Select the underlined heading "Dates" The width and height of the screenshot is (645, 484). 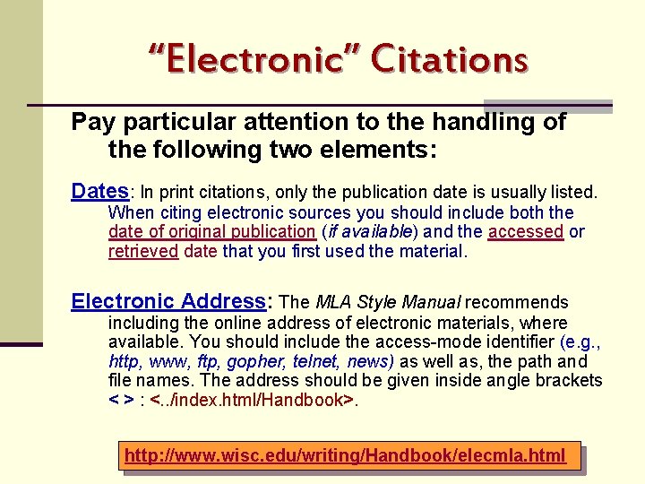(100, 191)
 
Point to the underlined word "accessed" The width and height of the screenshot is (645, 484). (526, 231)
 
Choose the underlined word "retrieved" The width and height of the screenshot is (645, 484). (143, 251)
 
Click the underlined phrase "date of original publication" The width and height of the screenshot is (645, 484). (211, 231)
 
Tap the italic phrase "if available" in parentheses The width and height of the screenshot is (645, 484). (370, 231)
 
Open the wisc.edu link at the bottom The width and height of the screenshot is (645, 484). (345, 456)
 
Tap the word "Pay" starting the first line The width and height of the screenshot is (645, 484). (90, 122)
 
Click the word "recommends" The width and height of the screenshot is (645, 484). (517, 302)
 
